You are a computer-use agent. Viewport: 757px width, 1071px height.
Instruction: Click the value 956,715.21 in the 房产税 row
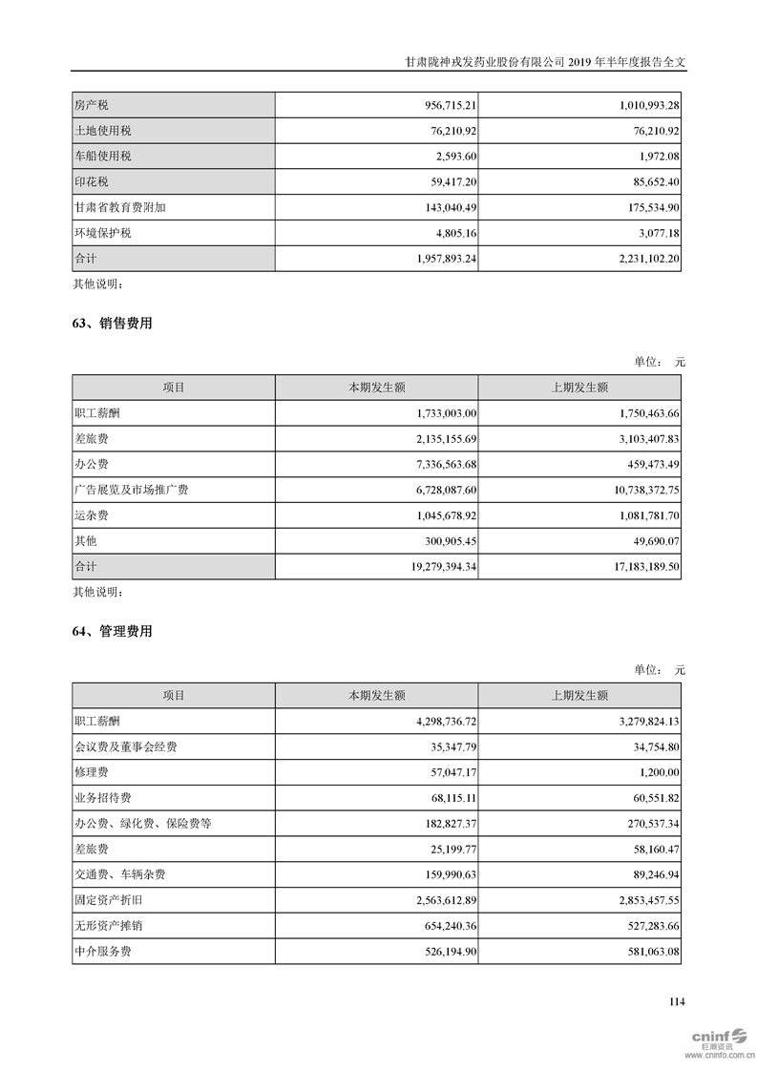pyautogui.click(x=437, y=105)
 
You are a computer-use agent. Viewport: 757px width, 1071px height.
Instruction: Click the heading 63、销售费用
pyautogui.click(x=112, y=325)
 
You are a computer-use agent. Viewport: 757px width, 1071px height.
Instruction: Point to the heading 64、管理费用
pyautogui.click(x=112, y=632)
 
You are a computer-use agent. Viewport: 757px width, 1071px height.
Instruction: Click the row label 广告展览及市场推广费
pyautogui.click(x=131, y=490)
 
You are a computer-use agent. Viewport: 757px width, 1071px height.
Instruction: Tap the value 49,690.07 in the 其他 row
pyautogui.click(x=647, y=541)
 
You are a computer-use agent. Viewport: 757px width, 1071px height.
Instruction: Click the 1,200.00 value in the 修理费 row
pyautogui.click(x=653, y=772)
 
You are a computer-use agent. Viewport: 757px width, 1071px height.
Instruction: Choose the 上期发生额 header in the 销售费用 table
pyautogui.click(x=579, y=388)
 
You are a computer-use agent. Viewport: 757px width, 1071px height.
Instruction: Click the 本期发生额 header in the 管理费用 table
pyautogui.click(x=376, y=696)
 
